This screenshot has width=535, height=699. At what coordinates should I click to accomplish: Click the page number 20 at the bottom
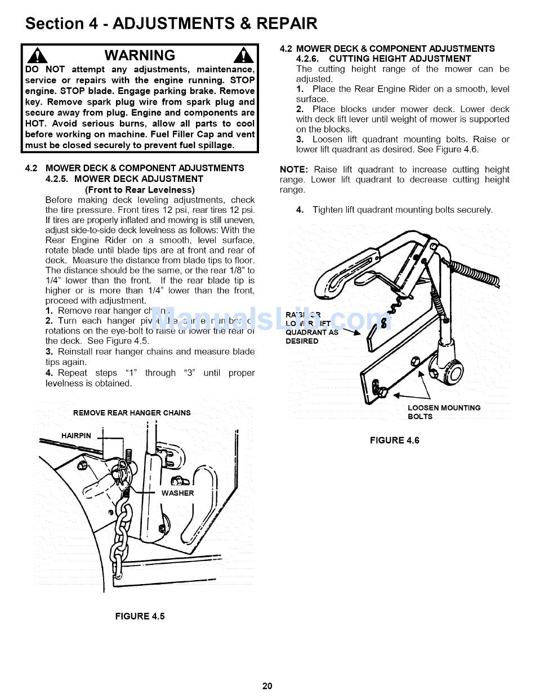pos(267,685)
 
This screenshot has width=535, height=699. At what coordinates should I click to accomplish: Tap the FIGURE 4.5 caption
pos(140,616)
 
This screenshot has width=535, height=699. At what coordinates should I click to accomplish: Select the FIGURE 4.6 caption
pos(394,440)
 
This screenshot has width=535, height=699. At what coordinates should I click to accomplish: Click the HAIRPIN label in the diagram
pos(76,435)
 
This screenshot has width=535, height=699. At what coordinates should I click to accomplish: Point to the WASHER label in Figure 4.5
pos(177,493)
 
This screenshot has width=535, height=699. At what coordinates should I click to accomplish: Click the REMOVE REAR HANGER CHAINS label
pos(132,413)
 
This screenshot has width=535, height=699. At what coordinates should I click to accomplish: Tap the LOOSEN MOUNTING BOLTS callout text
pos(444,412)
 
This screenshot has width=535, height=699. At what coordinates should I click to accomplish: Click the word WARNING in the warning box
pos(140,55)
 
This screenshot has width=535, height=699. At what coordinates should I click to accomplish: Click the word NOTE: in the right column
pos(293,170)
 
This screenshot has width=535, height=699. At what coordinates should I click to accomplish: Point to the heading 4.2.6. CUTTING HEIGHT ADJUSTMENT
pos(384,59)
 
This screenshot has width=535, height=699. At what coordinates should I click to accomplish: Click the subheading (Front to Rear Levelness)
pos(140,190)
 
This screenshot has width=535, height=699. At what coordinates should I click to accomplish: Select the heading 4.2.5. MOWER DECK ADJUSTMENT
pos(124,179)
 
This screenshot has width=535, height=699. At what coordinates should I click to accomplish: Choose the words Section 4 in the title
pos(55,24)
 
